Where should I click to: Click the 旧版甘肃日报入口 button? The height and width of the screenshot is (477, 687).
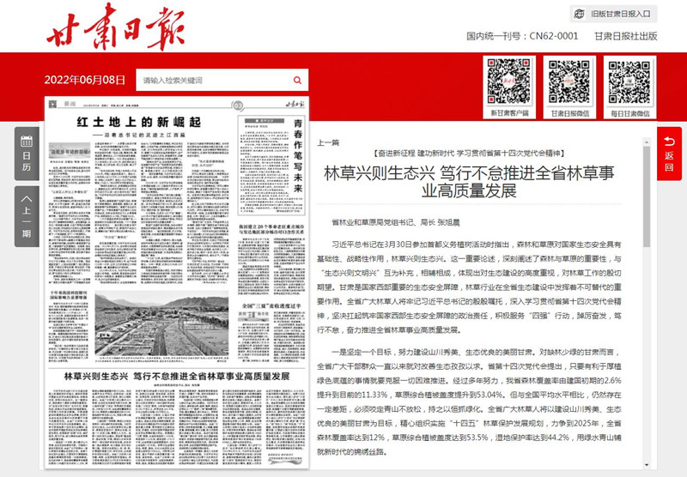tap(613, 14)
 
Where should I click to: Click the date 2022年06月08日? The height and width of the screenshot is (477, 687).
tap(85, 80)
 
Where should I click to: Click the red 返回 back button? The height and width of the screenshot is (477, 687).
tap(669, 148)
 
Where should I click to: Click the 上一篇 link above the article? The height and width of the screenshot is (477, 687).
tap(329, 142)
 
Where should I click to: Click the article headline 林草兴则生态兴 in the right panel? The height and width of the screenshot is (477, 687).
tap(480, 180)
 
